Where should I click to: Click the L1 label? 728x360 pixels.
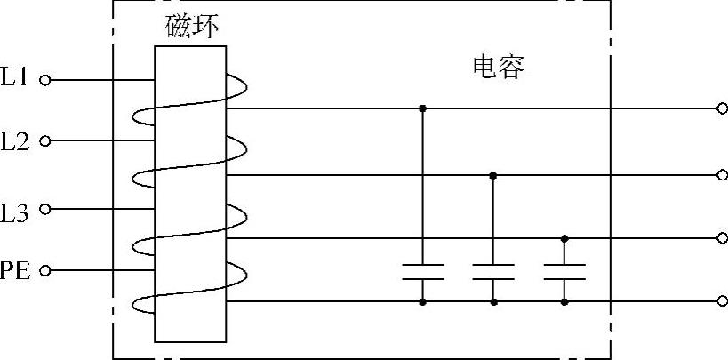(15, 78)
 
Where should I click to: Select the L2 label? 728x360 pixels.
(15, 140)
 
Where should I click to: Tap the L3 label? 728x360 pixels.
(15, 212)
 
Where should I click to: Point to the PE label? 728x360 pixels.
(16, 270)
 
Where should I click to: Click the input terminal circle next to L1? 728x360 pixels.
(45, 80)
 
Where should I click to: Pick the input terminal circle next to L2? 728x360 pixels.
(45, 140)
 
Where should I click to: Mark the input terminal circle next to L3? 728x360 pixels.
(45, 210)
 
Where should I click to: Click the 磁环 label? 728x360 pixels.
(192, 28)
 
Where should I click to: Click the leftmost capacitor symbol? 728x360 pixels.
(422, 271)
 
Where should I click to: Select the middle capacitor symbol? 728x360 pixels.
(493, 271)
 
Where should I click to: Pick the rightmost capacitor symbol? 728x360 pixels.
(564, 271)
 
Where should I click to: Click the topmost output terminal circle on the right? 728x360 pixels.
(722, 108)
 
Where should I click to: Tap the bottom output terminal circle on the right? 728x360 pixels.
(722, 302)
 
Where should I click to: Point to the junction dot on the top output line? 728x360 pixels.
(422, 108)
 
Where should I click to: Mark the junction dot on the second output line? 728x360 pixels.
(493, 175)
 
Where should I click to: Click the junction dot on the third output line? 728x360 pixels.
(564, 238)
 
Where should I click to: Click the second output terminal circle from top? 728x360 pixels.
(722, 175)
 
